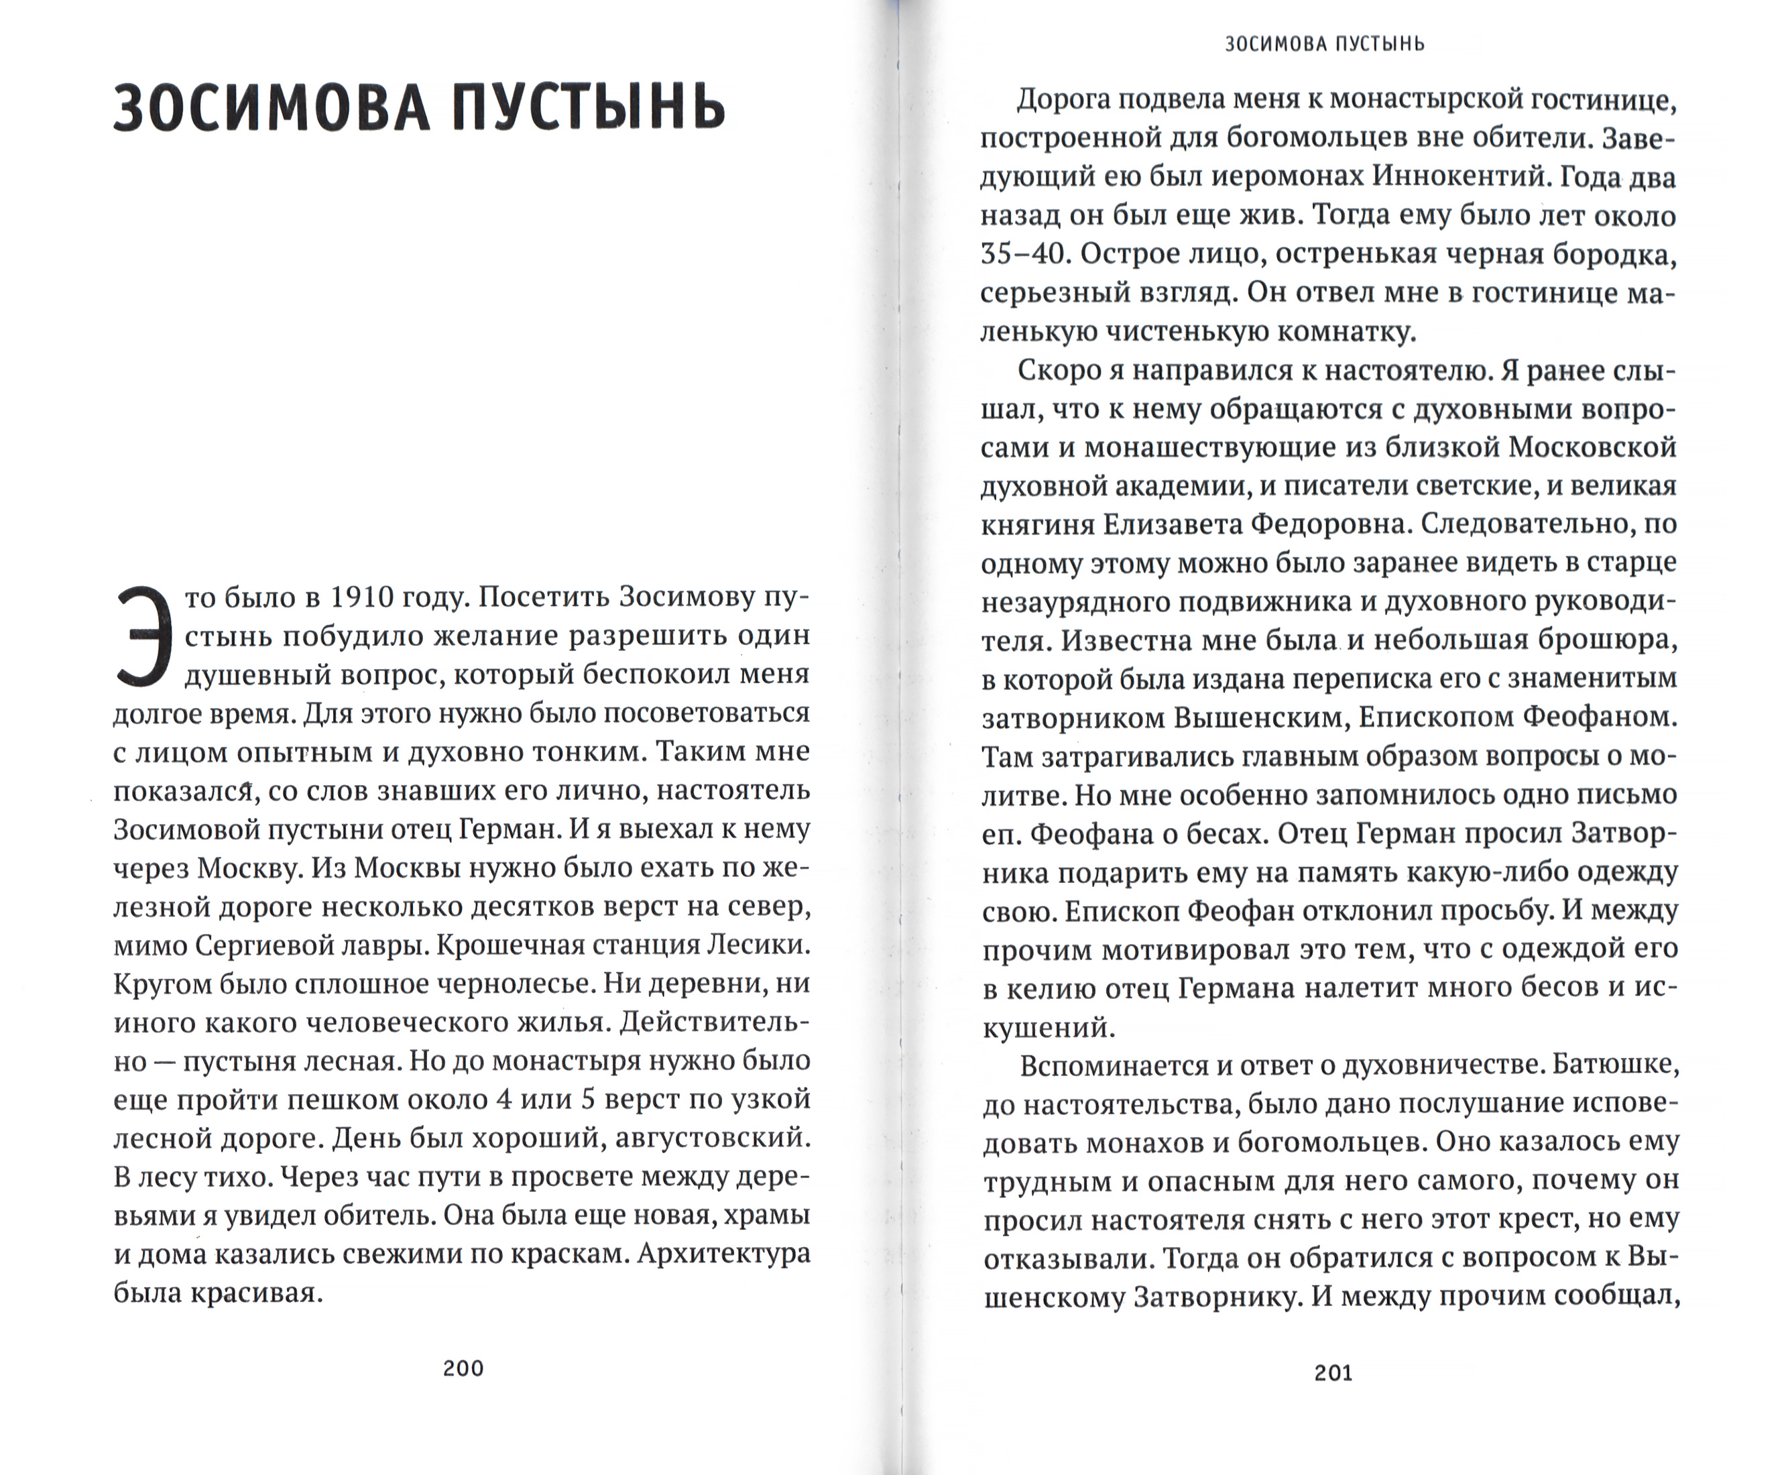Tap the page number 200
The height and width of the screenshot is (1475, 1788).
(x=463, y=1368)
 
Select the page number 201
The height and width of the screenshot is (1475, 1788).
(x=1333, y=1372)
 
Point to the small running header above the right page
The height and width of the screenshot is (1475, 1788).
(x=1324, y=44)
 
